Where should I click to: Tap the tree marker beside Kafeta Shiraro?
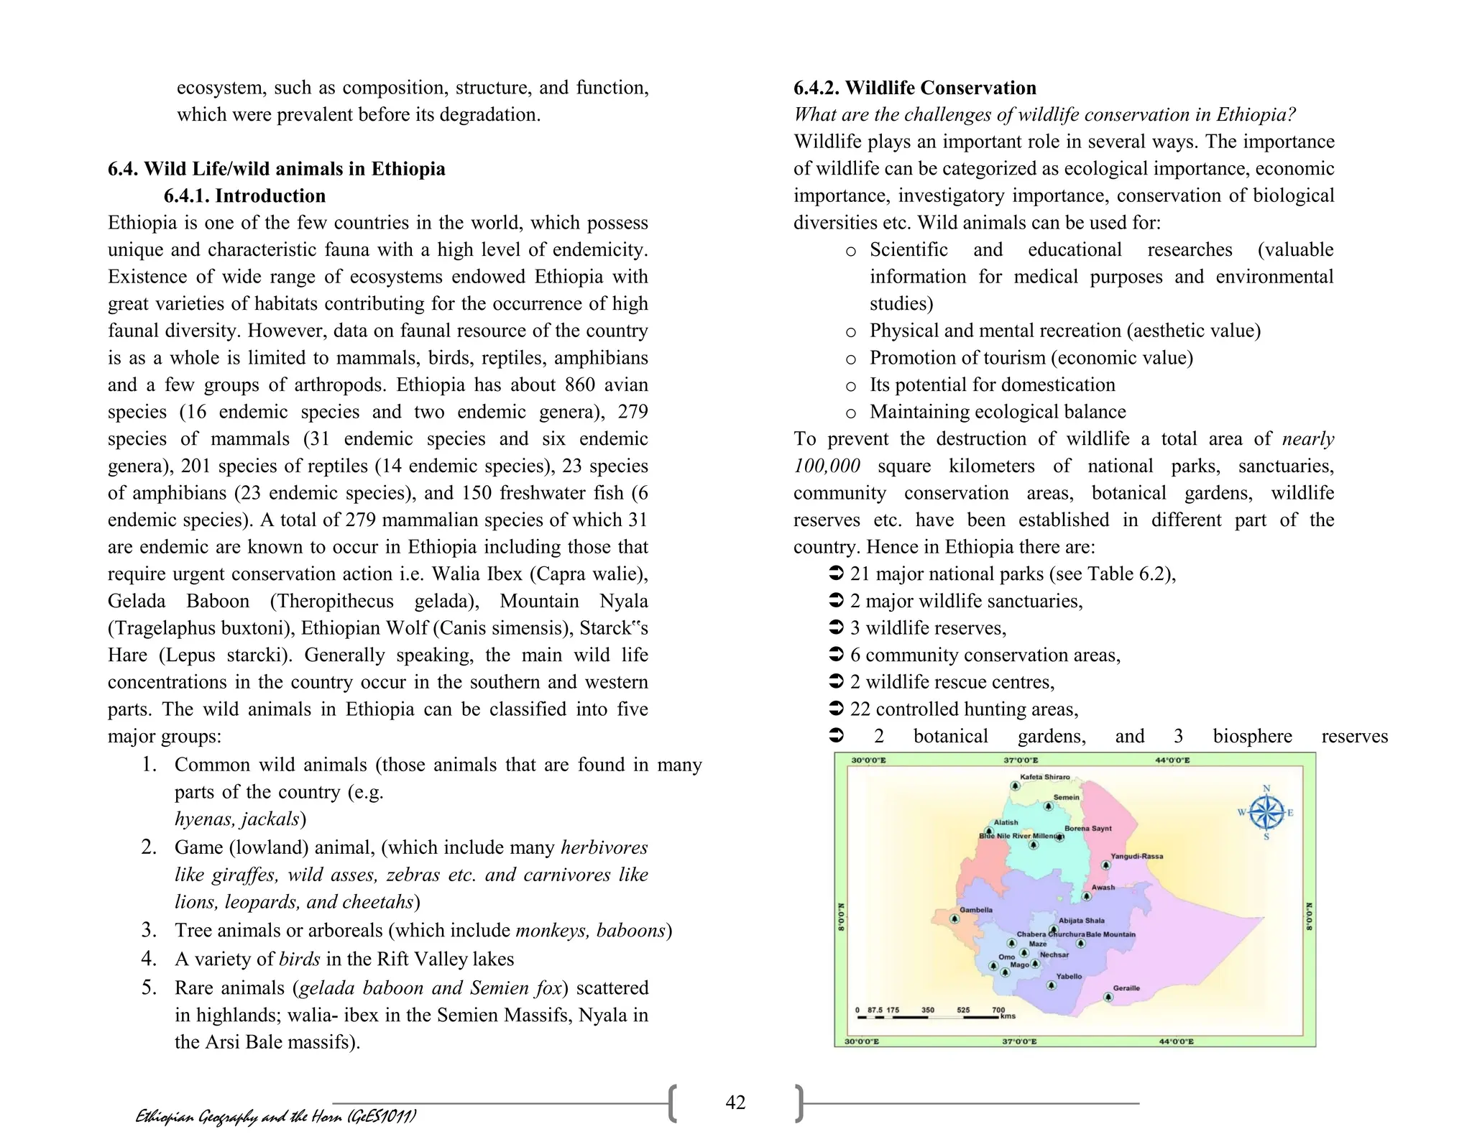tap(1014, 786)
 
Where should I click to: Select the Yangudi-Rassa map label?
tap(1136, 856)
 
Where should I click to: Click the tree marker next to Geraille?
tap(1108, 997)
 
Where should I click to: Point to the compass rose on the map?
tap(1266, 813)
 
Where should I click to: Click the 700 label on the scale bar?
tap(998, 1010)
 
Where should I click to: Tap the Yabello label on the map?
tap(1069, 976)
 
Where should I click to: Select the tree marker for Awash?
tap(1086, 897)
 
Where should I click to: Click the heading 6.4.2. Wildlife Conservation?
tap(914, 88)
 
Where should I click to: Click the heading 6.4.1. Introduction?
tap(244, 195)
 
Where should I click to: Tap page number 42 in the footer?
tap(735, 1103)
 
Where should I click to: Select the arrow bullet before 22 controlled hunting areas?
tap(836, 709)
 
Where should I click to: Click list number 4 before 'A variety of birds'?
tap(149, 959)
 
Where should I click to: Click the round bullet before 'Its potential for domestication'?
tap(851, 385)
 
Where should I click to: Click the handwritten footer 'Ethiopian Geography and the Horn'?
tap(275, 1116)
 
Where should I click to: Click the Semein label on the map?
tap(1066, 797)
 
